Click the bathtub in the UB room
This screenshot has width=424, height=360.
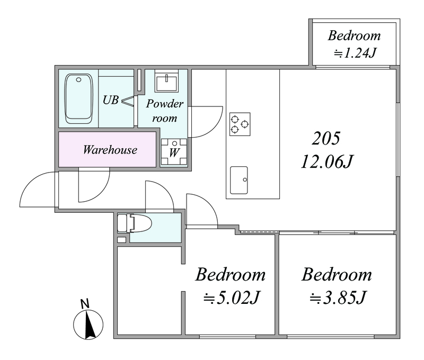[x=78, y=99]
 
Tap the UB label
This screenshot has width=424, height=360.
[x=111, y=100]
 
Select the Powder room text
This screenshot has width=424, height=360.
[x=165, y=111]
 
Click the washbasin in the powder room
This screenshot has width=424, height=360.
[x=166, y=82]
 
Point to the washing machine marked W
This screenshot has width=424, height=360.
[x=174, y=152]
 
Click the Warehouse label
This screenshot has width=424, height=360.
[x=110, y=150]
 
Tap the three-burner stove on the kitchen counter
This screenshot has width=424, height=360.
[x=240, y=124]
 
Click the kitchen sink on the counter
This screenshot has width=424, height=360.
[x=239, y=180]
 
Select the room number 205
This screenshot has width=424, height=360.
[x=326, y=138]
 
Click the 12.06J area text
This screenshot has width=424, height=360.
[x=327, y=162]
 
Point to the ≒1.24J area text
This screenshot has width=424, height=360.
[x=355, y=53]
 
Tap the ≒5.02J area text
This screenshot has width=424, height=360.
[x=232, y=298]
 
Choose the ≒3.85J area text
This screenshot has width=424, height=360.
[x=338, y=298]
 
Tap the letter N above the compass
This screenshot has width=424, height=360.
[x=85, y=304]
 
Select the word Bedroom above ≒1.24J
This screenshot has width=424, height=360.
[x=354, y=35]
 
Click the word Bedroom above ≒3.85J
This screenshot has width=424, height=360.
[x=337, y=274]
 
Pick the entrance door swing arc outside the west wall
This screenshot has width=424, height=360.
[x=32, y=181]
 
